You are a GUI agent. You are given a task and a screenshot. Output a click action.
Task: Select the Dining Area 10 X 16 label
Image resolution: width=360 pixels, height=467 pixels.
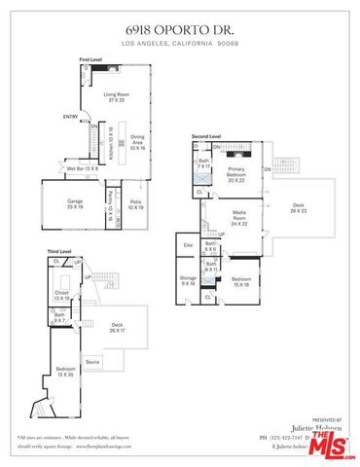[138, 144]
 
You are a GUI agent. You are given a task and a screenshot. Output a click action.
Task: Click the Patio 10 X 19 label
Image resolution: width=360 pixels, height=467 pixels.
[136, 205]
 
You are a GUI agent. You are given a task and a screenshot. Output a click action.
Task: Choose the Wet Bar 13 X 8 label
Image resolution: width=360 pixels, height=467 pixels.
[82, 169]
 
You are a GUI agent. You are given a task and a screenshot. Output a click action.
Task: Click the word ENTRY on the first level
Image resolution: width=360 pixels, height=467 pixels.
[70, 118]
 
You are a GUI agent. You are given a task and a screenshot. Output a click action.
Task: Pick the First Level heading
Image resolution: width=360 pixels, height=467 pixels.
[90, 60]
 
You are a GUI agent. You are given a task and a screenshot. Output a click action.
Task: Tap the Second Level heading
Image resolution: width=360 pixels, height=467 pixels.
[205, 135]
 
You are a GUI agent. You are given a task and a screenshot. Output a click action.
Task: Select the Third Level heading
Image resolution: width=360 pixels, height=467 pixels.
[59, 251]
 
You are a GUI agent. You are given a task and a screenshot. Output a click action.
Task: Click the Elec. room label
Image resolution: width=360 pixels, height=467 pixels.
[188, 245]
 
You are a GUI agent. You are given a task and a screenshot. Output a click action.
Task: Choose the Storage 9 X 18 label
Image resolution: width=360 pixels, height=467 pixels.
[188, 280]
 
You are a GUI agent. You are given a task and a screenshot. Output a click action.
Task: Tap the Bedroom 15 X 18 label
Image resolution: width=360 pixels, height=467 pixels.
[241, 282]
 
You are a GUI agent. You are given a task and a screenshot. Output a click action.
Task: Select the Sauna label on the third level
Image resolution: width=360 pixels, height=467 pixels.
[92, 361]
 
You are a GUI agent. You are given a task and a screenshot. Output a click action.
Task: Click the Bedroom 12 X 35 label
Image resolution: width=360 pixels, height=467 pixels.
[65, 372]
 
